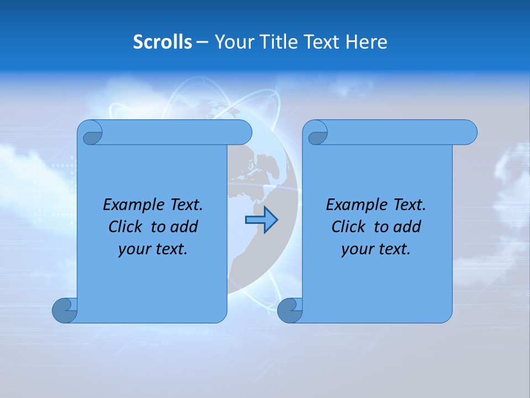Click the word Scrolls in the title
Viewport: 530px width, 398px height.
[x=162, y=42]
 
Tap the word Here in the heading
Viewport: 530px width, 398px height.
[x=367, y=42]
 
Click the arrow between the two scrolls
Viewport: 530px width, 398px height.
[x=261, y=220]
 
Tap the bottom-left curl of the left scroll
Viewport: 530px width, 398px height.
[x=65, y=310]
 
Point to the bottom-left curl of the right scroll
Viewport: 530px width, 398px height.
[x=290, y=310]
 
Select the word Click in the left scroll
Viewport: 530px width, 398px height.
[x=126, y=227]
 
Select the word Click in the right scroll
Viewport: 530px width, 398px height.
[x=348, y=227]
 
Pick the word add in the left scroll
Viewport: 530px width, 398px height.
[x=185, y=227]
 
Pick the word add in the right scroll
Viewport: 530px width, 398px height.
[x=408, y=227]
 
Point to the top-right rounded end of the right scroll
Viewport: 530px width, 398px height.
[x=467, y=133]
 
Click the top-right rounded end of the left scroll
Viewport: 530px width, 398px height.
[x=242, y=133]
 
